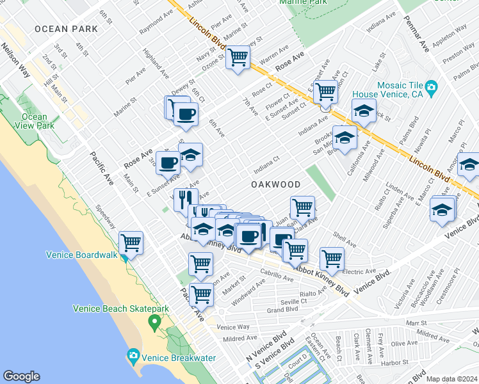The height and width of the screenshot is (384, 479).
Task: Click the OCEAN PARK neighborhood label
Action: [67, 29]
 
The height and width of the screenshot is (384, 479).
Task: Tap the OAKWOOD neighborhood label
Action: [275, 184]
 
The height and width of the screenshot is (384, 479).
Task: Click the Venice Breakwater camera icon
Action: [133, 355]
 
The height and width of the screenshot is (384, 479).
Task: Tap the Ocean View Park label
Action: [34, 121]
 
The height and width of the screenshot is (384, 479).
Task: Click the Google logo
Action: [21, 376]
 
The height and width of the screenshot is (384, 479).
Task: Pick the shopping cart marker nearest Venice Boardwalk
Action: [131, 243]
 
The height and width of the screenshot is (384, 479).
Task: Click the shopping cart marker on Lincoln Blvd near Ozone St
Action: [238, 57]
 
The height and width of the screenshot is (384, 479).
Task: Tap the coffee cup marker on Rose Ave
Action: [168, 163]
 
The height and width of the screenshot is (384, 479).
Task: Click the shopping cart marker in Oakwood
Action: [302, 207]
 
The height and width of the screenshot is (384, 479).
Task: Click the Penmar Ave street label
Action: [416, 38]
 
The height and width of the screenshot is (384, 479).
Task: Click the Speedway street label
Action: [106, 216]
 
